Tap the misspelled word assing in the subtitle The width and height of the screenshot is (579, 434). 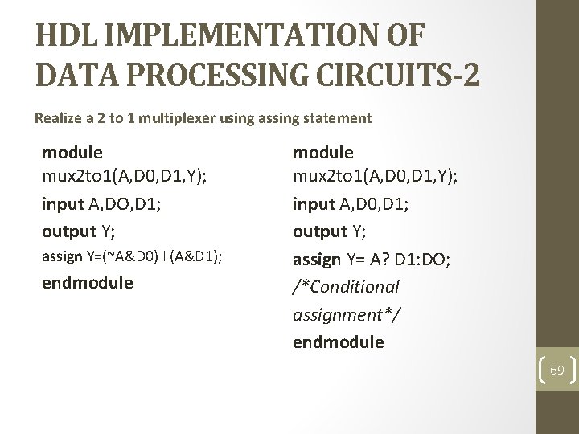click(x=281, y=118)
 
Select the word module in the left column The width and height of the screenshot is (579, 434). click(x=72, y=152)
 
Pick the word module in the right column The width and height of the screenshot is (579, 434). click(x=322, y=152)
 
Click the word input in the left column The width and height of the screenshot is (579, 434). click(x=63, y=204)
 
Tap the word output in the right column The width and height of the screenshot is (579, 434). click(x=320, y=232)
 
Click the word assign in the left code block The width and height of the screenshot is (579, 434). click(x=62, y=257)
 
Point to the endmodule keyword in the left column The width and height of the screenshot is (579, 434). click(x=87, y=283)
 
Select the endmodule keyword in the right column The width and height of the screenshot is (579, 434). click(x=338, y=342)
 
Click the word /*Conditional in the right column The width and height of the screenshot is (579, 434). click(x=346, y=287)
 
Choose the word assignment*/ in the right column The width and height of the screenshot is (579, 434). click(x=346, y=314)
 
